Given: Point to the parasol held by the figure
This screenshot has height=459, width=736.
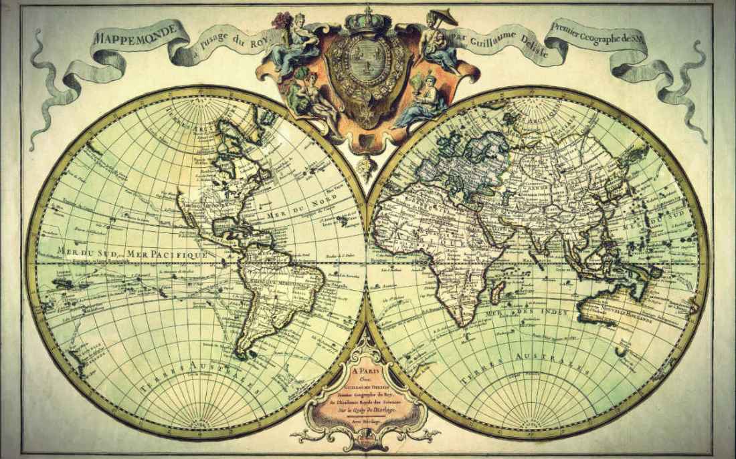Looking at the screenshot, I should click(x=442, y=16).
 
